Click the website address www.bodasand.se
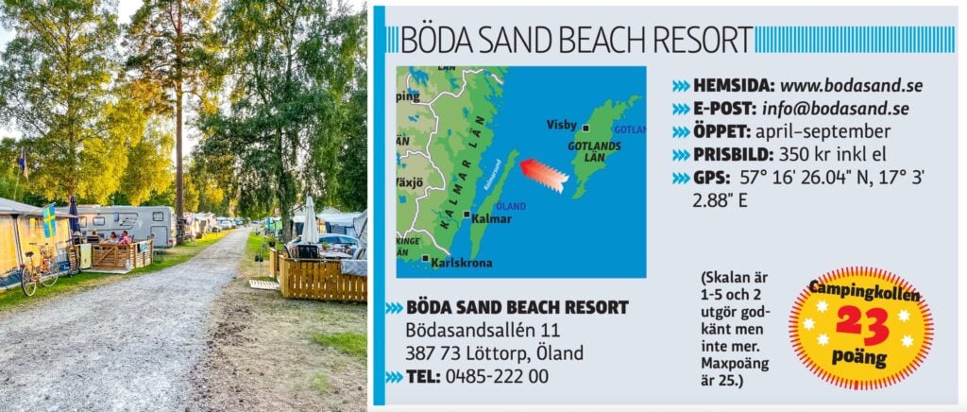pyautogui.click(x=849, y=85)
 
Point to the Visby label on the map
pyautogui.click(x=561, y=125)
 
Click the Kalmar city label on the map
pyautogui.click(x=491, y=218)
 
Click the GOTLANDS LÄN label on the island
pyautogui.click(x=593, y=151)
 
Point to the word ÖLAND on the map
pyautogui.click(x=511, y=206)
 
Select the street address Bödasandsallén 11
pyautogui.click(x=482, y=330)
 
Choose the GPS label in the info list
pyautogui.click(x=709, y=178)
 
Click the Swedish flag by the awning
pyautogui.click(x=49, y=221)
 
